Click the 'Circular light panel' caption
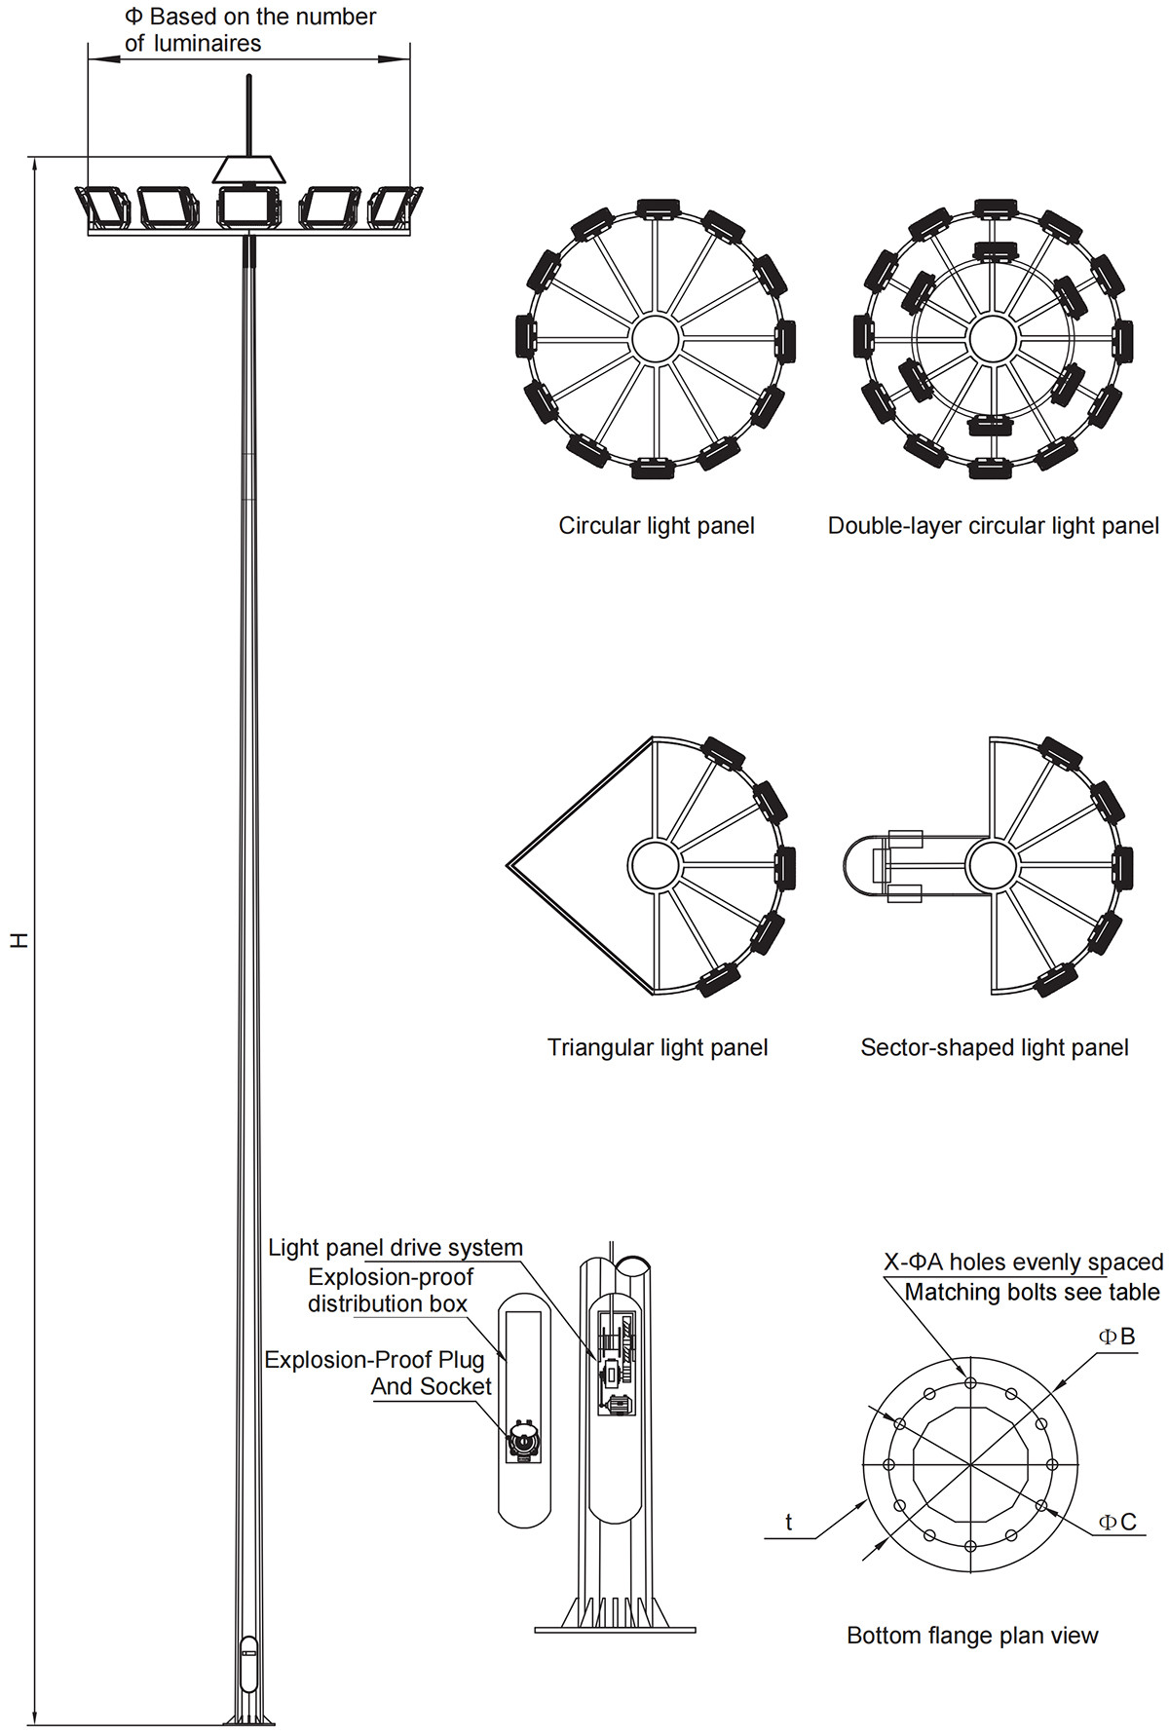657,526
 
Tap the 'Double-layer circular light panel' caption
994,526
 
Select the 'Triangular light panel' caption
658,1047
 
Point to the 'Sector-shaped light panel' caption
995,1047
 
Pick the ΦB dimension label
1117,1337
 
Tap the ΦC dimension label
1117,1522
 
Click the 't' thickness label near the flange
789,1522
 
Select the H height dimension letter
19,940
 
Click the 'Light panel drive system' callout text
396,1248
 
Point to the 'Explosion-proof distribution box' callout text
390,1291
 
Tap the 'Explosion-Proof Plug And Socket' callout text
378,1373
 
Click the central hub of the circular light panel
656,338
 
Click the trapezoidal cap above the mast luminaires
249,169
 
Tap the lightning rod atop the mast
249,115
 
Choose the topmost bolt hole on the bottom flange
970,1382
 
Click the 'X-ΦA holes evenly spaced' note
1023,1263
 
